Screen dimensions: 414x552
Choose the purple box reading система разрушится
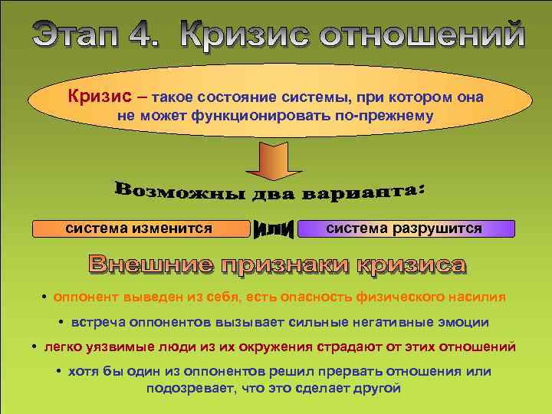(405, 228)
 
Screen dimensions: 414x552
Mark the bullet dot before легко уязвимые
(36, 347)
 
